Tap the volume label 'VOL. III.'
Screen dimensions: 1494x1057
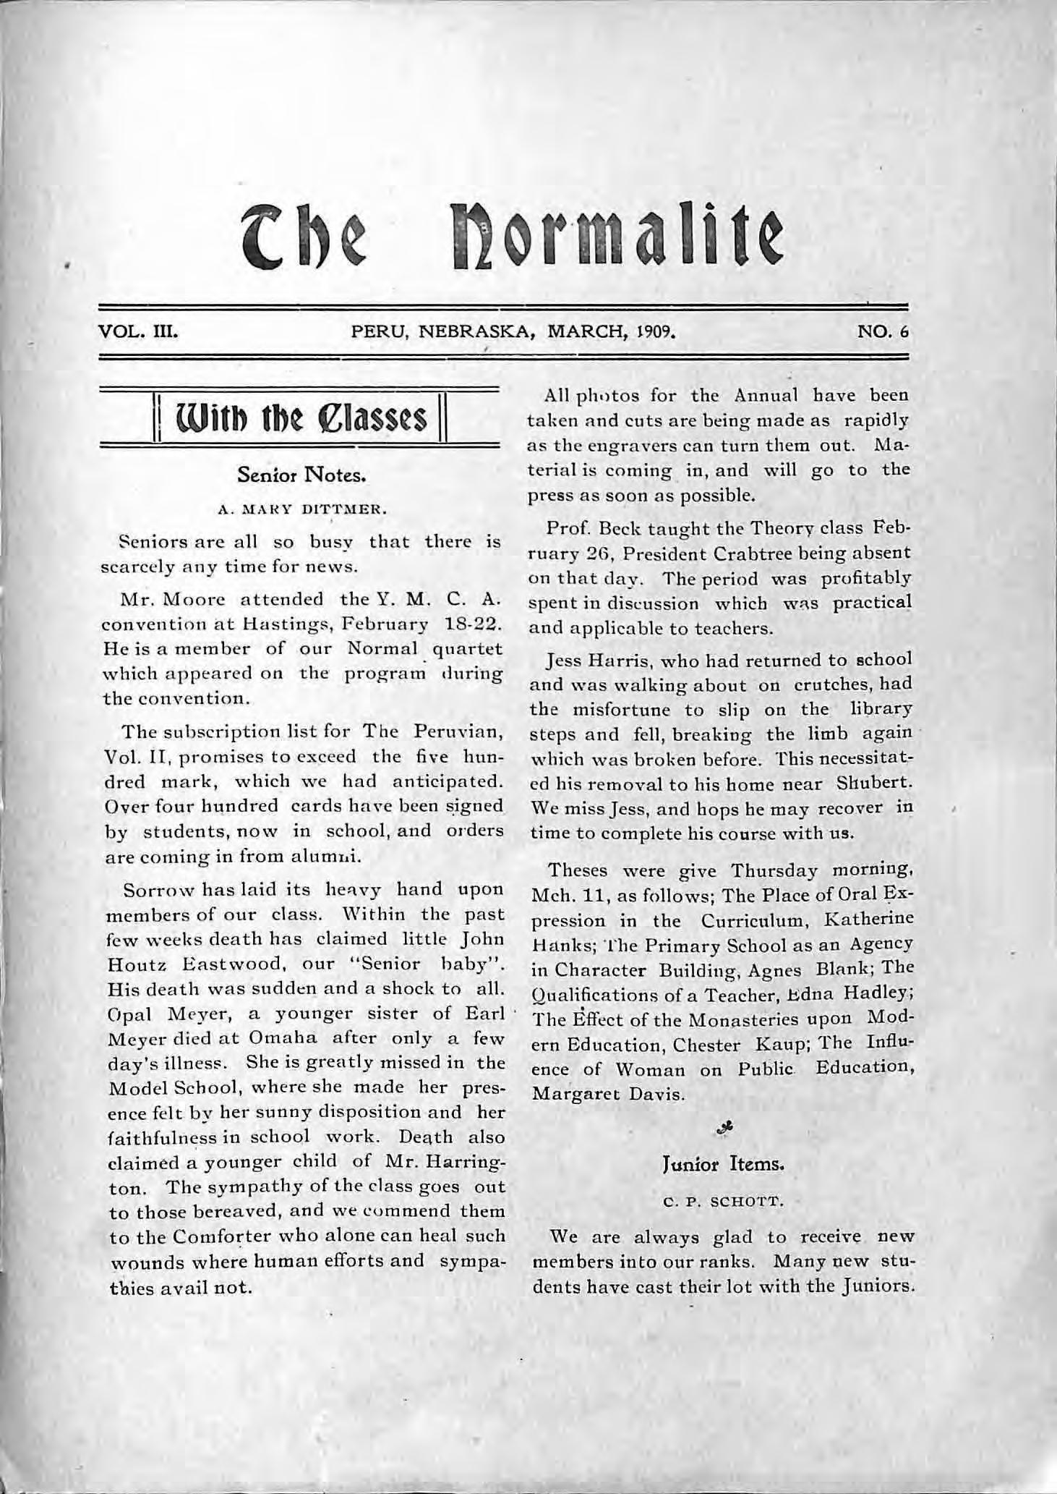coord(138,334)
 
